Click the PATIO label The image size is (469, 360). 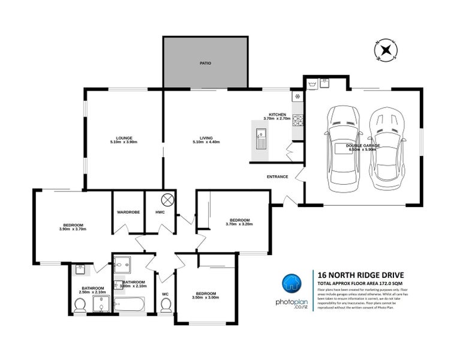205,63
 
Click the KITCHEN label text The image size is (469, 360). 277,114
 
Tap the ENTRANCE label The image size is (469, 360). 278,177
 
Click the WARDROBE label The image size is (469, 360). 128,212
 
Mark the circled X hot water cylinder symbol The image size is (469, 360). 168,200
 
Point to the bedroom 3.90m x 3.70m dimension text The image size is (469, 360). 73,229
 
